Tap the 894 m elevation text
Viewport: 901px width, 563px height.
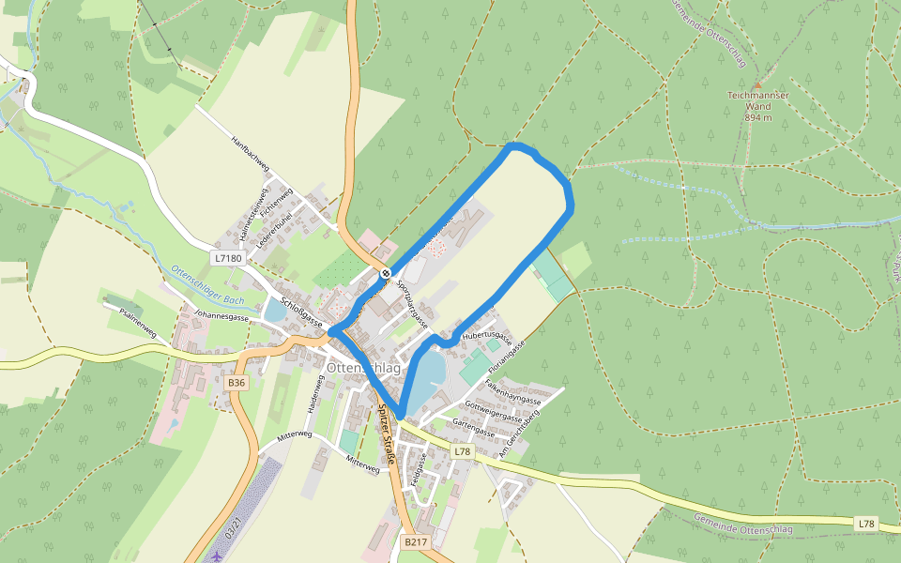[x=758, y=117]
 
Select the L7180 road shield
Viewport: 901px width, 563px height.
[x=228, y=256]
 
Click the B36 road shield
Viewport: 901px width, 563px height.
[x=237, y=383]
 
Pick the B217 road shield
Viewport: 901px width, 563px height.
[x=416, y=542]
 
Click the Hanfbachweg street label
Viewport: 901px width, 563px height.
[x=251, y=154]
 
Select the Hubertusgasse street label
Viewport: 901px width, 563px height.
[x=487, y=337]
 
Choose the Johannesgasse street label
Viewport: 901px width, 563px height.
[x=221, y=317]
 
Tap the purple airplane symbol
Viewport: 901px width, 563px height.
[x=218, y=555]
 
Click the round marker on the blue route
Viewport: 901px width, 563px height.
[x=385, y=273]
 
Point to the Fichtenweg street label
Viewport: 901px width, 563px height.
[x=279, y=204]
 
